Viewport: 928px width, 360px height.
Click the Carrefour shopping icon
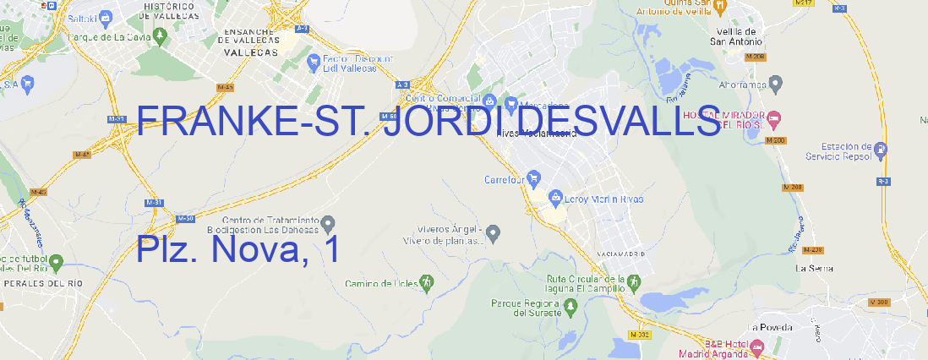click(x=535, y=179)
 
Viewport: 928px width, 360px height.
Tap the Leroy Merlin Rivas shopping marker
click(x=555, y=199)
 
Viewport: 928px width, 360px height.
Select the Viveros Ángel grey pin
click(x=495, y=232)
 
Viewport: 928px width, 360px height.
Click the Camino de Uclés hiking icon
click(x=427, y=282)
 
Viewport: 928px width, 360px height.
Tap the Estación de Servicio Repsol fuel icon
click(x=882, y=150)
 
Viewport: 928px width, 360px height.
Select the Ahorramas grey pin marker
click(x=776, y=84)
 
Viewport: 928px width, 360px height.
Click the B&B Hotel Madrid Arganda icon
click(x=757, y=346)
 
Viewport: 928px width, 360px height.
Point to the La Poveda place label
click(x=770, y=327)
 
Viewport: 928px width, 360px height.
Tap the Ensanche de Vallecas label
click(x=249, y=38)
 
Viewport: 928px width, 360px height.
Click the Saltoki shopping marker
click(x=106, y=16)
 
